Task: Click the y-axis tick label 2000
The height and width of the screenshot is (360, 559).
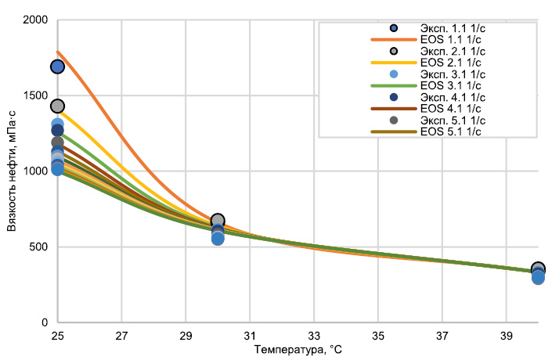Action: click(35, 20)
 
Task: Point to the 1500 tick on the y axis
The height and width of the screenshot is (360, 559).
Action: click(35, 95)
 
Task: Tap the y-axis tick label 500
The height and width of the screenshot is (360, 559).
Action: click(38, 247)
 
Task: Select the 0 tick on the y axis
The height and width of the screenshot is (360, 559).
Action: click(44, 322)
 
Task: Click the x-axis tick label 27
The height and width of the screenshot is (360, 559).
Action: click(121, 336)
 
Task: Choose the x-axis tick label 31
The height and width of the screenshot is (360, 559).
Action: click(250, 336)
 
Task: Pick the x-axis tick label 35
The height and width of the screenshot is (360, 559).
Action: click(378, 336)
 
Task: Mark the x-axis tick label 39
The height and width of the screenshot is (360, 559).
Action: click(507, 336)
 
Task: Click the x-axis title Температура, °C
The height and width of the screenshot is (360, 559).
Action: click(298, 350)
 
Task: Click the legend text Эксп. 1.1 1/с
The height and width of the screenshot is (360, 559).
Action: click(453, 28)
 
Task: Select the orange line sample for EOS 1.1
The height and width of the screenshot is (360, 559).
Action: click(394, 40)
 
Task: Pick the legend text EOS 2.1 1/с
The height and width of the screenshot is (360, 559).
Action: click(451, 63)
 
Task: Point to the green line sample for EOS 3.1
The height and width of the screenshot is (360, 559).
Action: click(394, 85)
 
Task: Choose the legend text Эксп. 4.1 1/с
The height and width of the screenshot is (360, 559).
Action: click(453, 97)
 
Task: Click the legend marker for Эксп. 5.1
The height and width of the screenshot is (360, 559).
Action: click(394, 120)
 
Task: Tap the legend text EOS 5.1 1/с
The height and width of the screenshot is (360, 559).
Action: click(451, 131)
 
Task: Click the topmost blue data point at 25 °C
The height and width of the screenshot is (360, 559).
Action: click(57, 67)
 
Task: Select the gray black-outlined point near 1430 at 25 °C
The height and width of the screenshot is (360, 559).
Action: click(57, 106)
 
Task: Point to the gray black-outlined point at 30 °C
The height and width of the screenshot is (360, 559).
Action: click(218, 220)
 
